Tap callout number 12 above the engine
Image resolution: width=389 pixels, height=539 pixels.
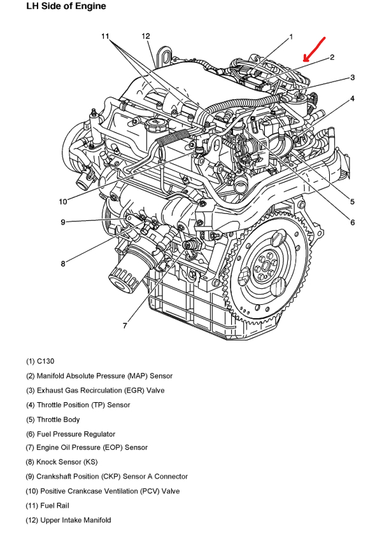coord(146,36)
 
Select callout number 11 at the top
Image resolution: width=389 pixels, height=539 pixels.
coord(106,36)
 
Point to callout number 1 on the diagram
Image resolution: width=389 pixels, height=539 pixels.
coord(291,36)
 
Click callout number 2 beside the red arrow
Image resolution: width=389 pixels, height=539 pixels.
coord(332,57)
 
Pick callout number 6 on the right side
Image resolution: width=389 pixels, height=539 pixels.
coord(352,222)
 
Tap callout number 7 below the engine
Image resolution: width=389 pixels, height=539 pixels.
coord(125,325)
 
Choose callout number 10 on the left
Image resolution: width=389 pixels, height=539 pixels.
coord(63,202)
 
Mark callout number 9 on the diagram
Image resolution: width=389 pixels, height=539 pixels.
coord(63,222)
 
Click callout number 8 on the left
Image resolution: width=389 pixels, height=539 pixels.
coord(63,264)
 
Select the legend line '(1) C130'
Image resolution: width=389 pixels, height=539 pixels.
coord(40,361)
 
